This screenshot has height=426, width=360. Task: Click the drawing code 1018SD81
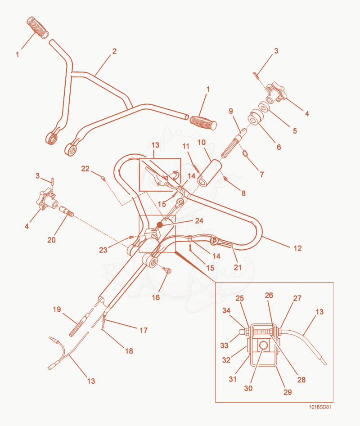320,407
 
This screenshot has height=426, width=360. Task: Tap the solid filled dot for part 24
160,225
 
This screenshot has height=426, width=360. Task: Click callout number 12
297,248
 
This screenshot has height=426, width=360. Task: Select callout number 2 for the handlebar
114,51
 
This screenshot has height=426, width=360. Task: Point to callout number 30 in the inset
248,388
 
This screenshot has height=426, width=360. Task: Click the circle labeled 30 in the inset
263,345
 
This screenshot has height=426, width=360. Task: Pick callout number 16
156,297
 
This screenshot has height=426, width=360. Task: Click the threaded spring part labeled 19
79,324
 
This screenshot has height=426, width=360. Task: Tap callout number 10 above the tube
201,142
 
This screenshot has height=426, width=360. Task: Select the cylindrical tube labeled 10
209,173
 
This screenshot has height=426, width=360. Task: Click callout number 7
261,174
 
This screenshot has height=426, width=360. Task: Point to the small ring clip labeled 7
245,154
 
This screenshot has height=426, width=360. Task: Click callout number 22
85,169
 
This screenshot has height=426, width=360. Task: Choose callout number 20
51,240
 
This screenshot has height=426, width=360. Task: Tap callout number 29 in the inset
288,392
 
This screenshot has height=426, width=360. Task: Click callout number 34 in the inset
226,310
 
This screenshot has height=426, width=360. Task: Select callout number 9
231,111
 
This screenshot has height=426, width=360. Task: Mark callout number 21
238,267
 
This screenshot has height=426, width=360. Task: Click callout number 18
129,351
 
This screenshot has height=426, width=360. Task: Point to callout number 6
279,147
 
